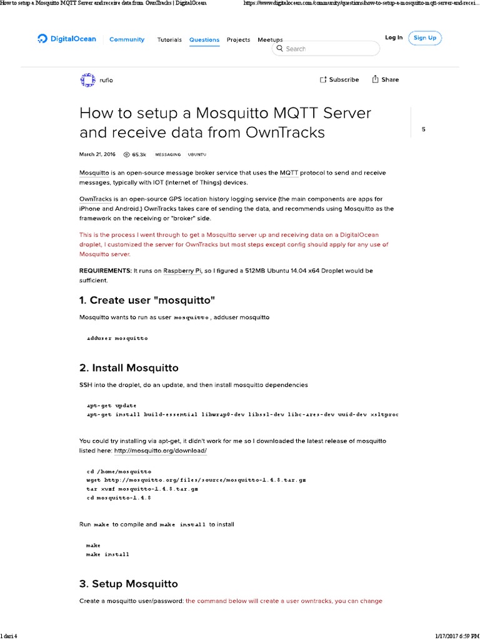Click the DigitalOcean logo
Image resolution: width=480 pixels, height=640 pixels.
67,39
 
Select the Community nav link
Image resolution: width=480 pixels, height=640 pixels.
127,39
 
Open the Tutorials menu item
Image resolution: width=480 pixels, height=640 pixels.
169,40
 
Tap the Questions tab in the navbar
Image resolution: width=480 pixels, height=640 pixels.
204,40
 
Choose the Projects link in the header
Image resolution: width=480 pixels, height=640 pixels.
238,40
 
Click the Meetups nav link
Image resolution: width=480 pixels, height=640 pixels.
270,40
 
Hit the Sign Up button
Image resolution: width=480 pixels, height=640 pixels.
424,38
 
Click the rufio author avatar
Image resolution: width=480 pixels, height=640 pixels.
87,80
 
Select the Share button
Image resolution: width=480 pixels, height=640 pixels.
385,80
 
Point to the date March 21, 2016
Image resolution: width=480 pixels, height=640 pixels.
97,154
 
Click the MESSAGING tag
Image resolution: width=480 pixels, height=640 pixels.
167,154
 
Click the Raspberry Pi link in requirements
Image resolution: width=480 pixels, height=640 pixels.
182,271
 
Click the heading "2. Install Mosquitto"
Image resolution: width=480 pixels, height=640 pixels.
129,367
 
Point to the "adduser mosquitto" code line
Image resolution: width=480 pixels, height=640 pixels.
117,338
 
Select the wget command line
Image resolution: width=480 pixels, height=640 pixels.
196,480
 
